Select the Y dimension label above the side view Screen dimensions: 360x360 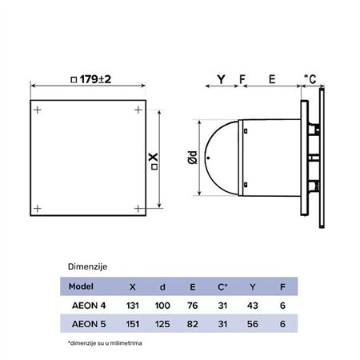[222, 80]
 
